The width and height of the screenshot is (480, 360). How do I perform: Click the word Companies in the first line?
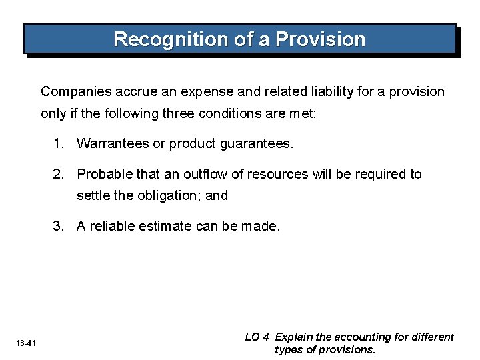(72, 91)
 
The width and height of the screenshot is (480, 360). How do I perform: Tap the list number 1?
(60, 143)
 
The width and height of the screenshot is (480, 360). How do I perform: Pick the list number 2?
(60, 174)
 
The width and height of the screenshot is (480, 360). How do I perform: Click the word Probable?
(104, 174)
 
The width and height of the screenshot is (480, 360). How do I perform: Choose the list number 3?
(60, 227)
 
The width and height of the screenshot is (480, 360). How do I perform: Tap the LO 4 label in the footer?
(257, 337)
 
